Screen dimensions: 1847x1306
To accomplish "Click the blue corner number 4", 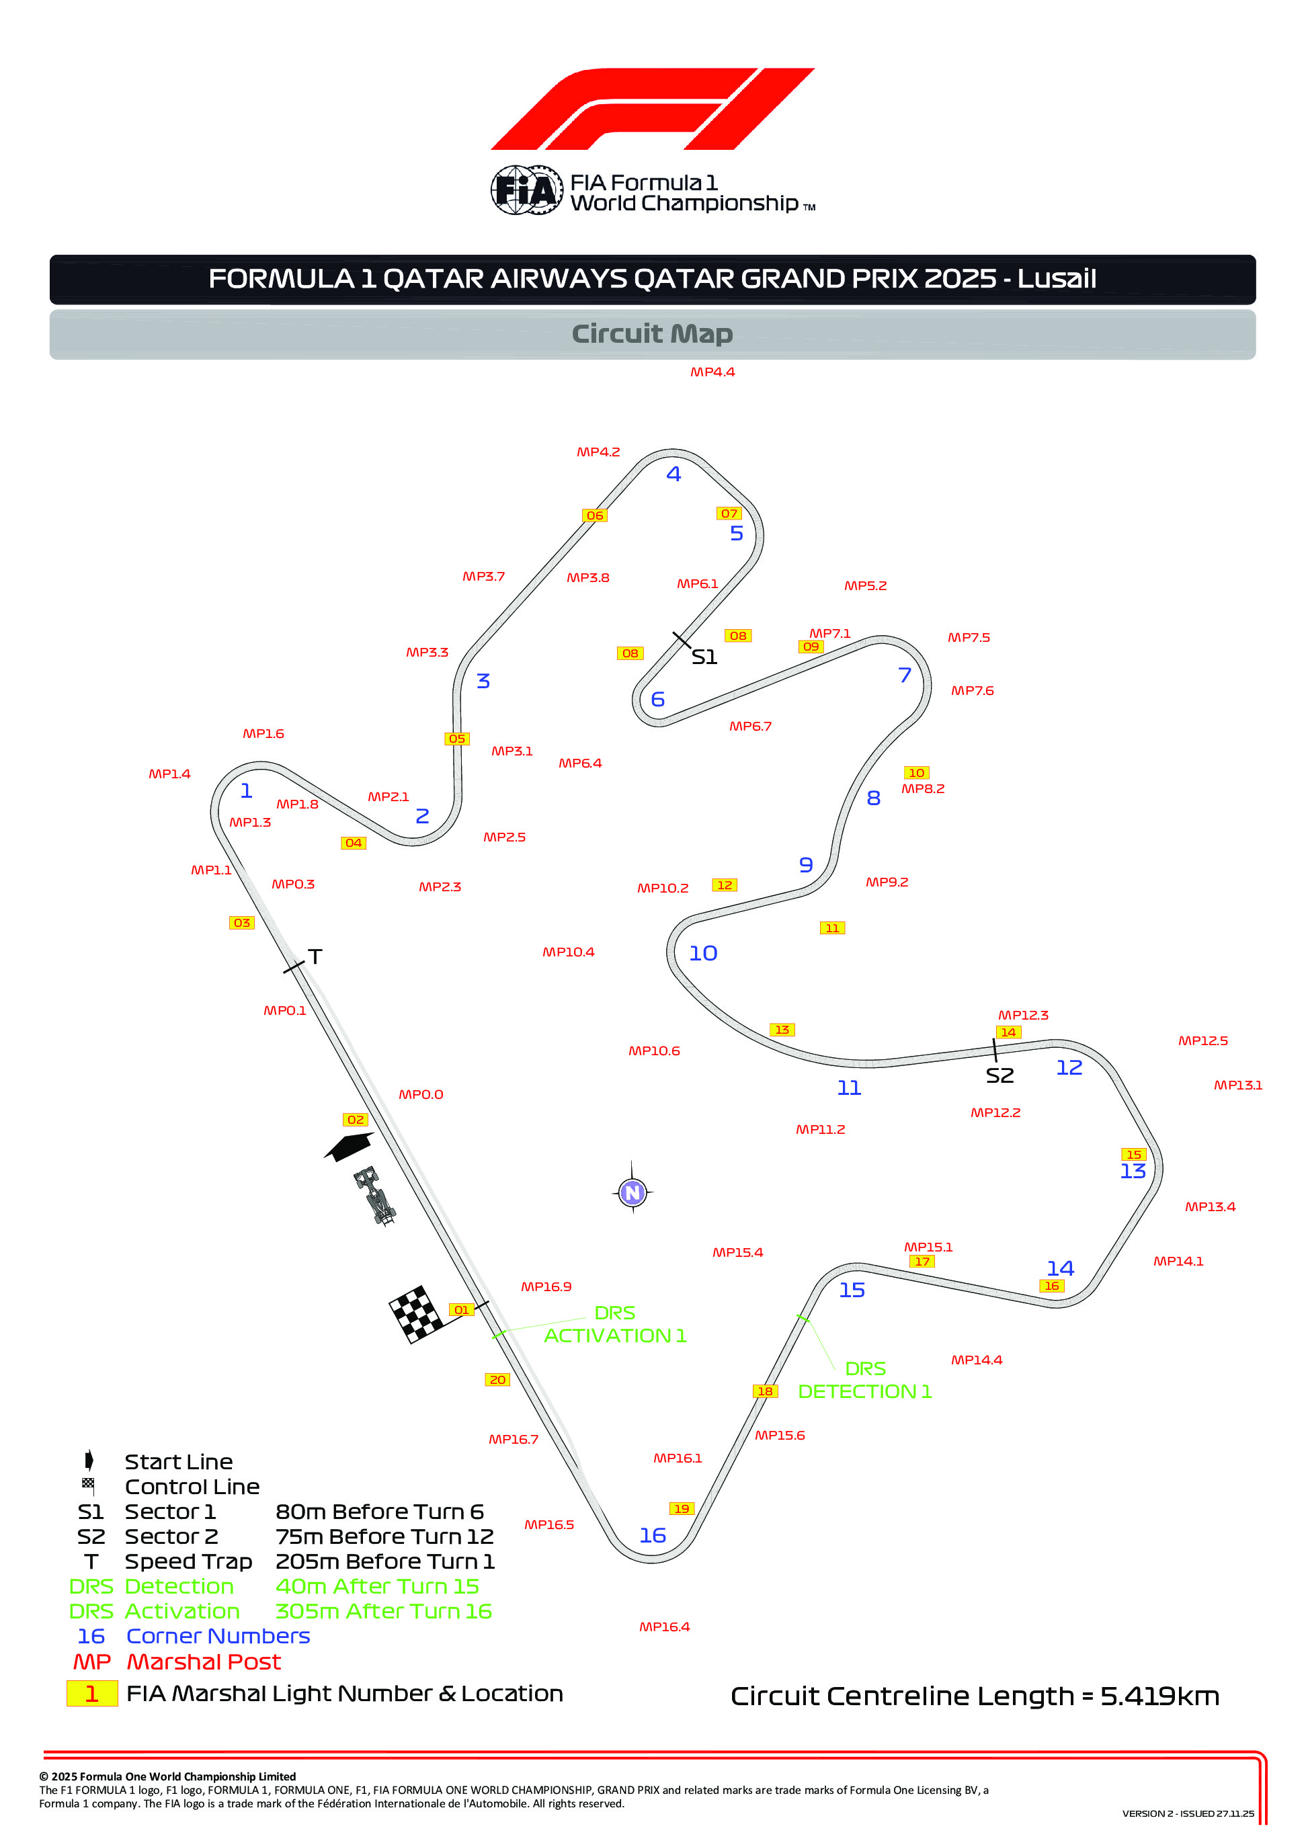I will (674, 474).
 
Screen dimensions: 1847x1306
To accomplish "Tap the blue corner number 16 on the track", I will (653, 1536).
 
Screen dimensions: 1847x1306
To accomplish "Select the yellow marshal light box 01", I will (461, 1309).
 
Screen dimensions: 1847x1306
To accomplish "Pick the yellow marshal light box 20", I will (497, 1380).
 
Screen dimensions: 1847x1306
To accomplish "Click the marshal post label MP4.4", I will (712, 372).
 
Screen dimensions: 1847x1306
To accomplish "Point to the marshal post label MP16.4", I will (664, 1627).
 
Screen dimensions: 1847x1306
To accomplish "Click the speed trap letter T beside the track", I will (315, 956).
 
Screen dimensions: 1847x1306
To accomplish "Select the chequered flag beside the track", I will (416, 1315).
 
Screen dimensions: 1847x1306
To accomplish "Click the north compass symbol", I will (632, 1192).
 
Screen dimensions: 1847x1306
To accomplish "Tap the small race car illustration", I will (375, 1196).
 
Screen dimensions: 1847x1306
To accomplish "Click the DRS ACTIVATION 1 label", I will (615, 1324).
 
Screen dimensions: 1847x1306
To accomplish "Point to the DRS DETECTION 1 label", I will (864, 1380).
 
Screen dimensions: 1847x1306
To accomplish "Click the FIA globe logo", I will (526, 191).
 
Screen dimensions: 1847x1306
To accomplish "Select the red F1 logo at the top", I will (653, 109).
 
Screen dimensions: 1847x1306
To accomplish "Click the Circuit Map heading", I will (652, 334).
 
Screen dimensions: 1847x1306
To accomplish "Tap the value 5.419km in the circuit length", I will (1159, 1696).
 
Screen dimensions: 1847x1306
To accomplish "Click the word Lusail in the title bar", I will (1056, 278).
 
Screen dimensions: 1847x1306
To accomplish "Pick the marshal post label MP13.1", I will (1237, 1085).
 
